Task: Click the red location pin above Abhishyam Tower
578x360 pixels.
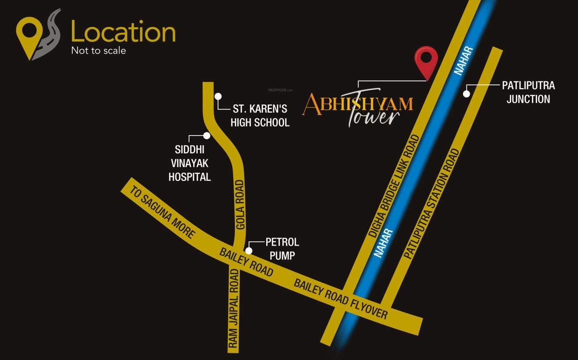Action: tap(426, 60)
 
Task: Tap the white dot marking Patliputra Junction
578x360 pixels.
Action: tap(466, 94)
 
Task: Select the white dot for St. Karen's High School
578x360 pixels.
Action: tap(218, 96)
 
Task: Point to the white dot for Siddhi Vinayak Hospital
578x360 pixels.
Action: tap(207, 135)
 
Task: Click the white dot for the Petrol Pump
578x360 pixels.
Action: tap(249, 251)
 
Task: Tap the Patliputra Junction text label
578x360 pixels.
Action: tap(528, 92)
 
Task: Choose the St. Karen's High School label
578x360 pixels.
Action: tap(260, 116)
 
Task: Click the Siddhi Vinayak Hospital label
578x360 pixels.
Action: tap(190, 164)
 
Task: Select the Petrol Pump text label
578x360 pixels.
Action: tap(282, 249)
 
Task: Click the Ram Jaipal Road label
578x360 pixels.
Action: tap(233, 308)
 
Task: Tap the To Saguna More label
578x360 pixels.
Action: tap(162, 212)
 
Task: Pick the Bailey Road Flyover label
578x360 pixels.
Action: tap(341, 298)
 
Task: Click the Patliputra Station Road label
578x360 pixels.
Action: tap(432, 203)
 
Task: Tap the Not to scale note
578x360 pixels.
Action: tap(98, 51)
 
